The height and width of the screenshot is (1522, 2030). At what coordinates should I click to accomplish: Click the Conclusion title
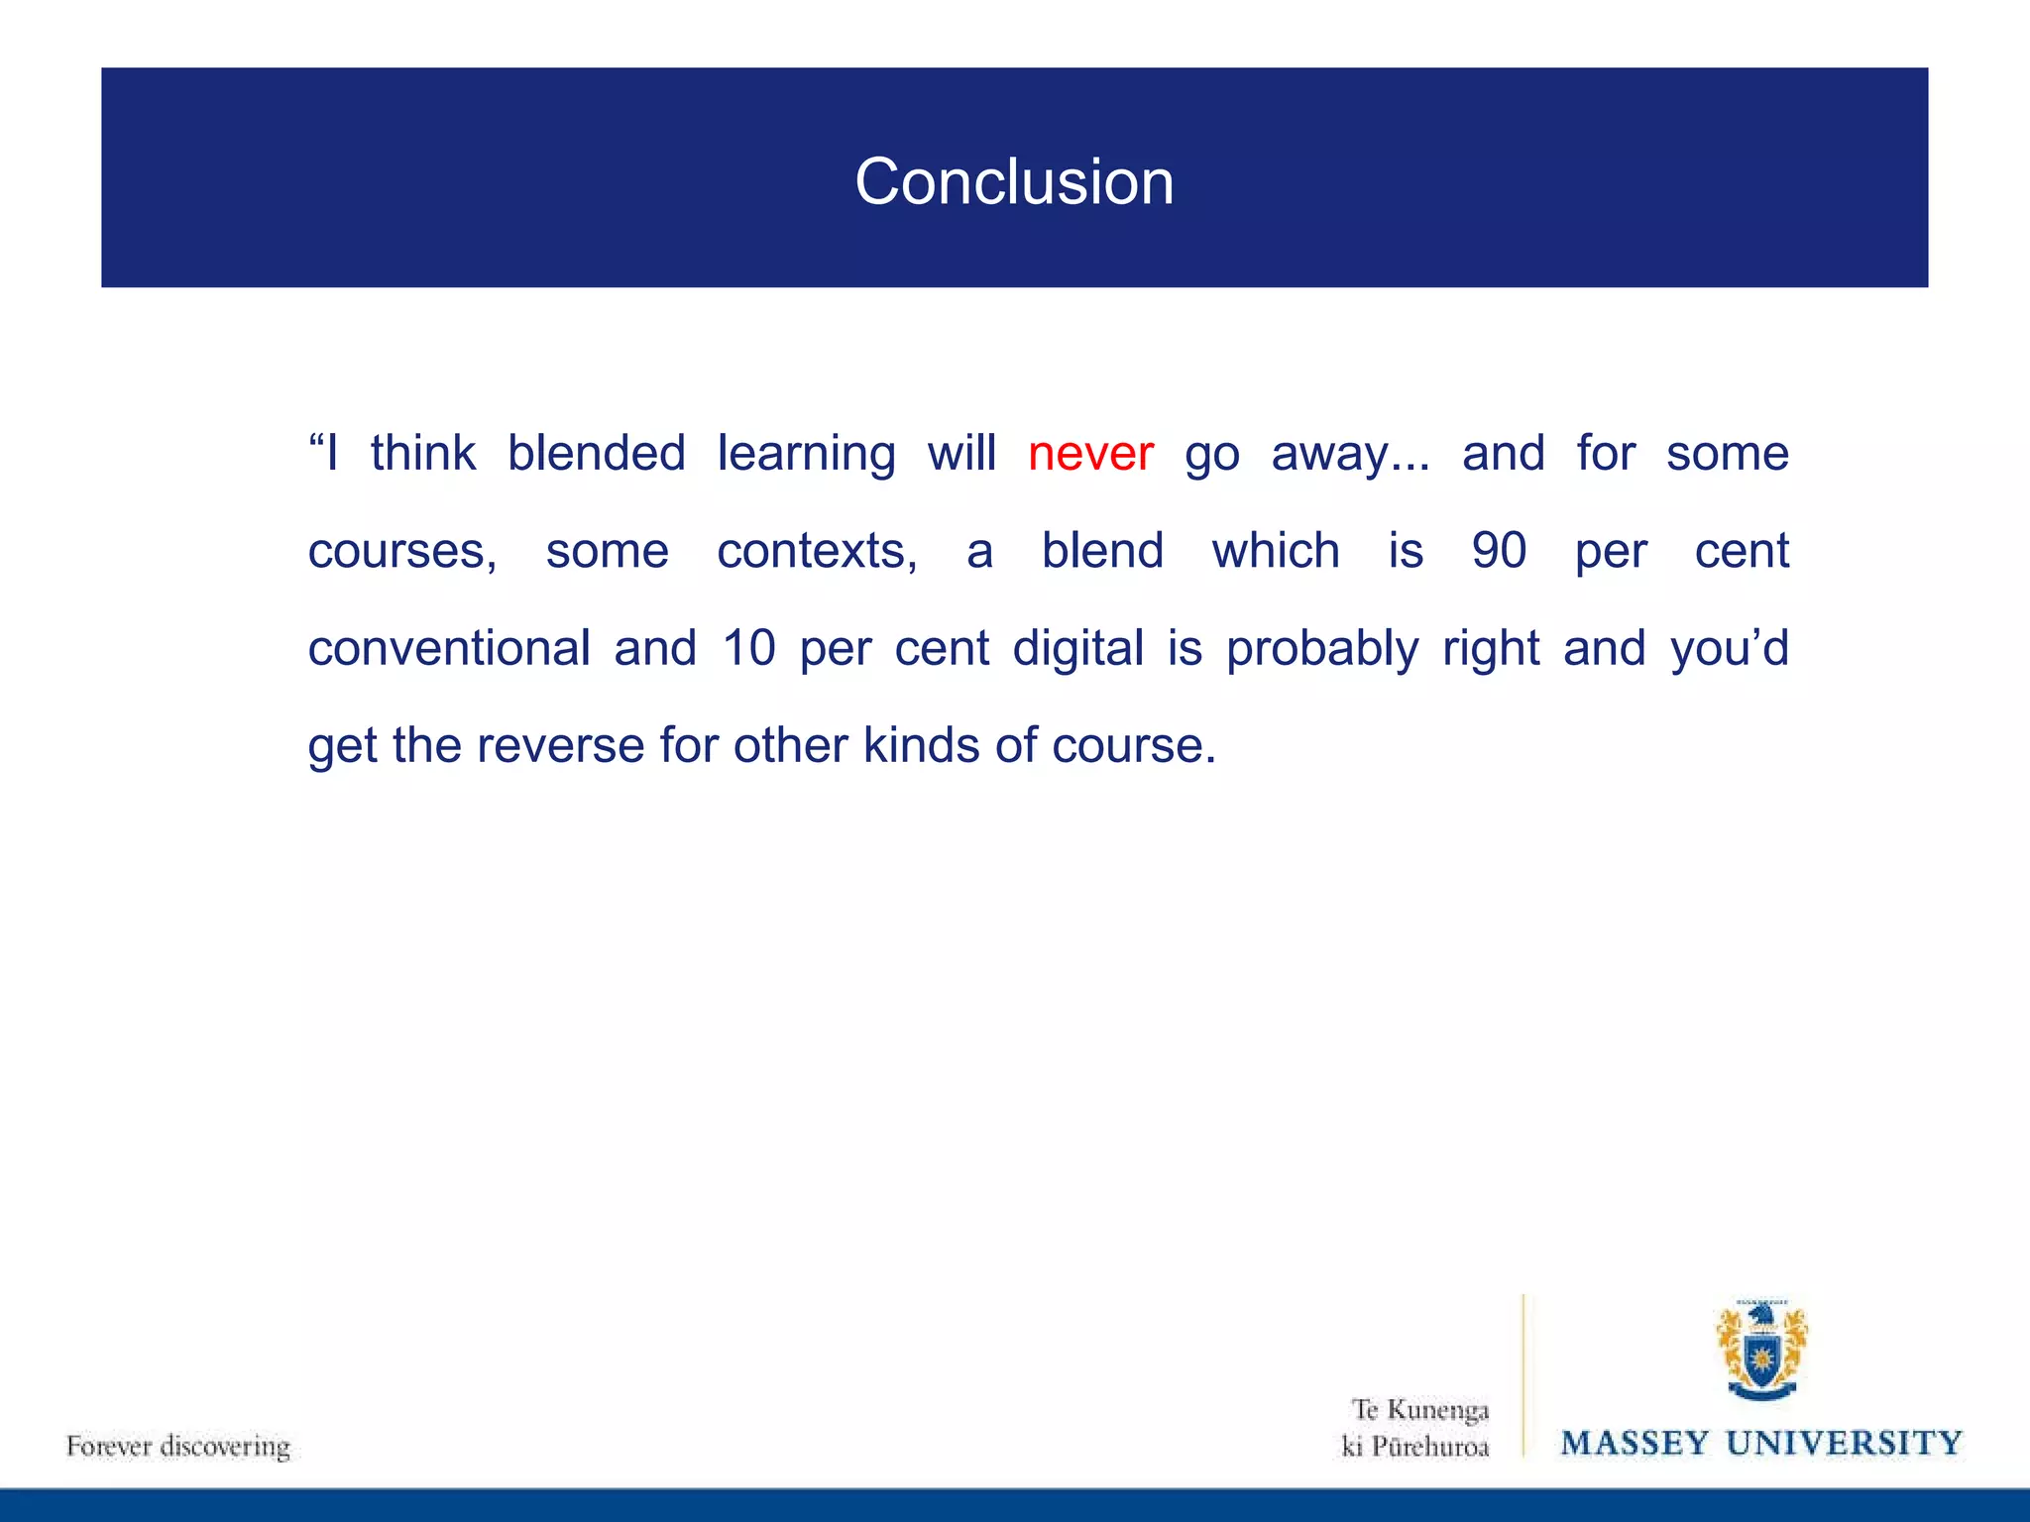(x=1014, y=182)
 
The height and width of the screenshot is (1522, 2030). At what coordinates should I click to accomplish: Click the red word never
(x=1090, y=454)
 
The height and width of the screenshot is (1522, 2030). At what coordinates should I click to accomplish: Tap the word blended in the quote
(x=596, y=454)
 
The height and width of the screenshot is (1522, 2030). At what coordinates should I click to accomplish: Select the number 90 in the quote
(x=1499, y=551)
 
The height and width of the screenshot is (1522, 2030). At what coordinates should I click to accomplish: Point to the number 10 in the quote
(x=748, y=648)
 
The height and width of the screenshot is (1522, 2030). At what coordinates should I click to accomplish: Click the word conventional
(x=449, y=648)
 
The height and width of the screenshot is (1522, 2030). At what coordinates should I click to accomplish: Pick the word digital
(x=1078, y=648)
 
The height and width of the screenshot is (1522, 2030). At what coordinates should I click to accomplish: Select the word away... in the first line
(x=1350, y=454)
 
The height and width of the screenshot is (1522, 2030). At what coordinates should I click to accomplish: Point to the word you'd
(x=1730, y=648)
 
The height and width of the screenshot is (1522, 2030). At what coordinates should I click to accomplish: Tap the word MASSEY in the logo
(x=1635, y=1443)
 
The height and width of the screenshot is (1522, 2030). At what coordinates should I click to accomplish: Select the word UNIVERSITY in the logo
(x=1844, y=1443)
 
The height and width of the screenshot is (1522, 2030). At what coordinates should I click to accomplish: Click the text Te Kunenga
(x=1420, y=1410)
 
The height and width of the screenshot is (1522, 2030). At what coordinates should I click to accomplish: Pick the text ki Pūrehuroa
(x=1415, y=1447)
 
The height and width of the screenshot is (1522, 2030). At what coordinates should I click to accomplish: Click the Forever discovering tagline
(x=178, y=1446)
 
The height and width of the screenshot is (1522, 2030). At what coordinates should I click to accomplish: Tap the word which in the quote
(x=1276, y=551)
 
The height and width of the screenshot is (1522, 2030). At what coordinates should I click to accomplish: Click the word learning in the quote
(x=806, y=454)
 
